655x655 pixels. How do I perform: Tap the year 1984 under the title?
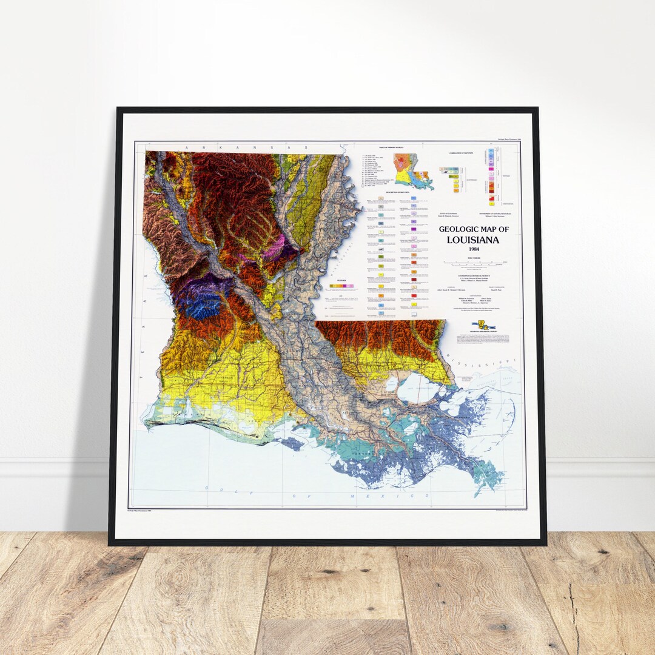473,249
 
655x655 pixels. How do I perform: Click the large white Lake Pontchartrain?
419,387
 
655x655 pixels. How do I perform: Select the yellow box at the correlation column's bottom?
491,203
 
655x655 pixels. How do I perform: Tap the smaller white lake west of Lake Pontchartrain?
388,384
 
